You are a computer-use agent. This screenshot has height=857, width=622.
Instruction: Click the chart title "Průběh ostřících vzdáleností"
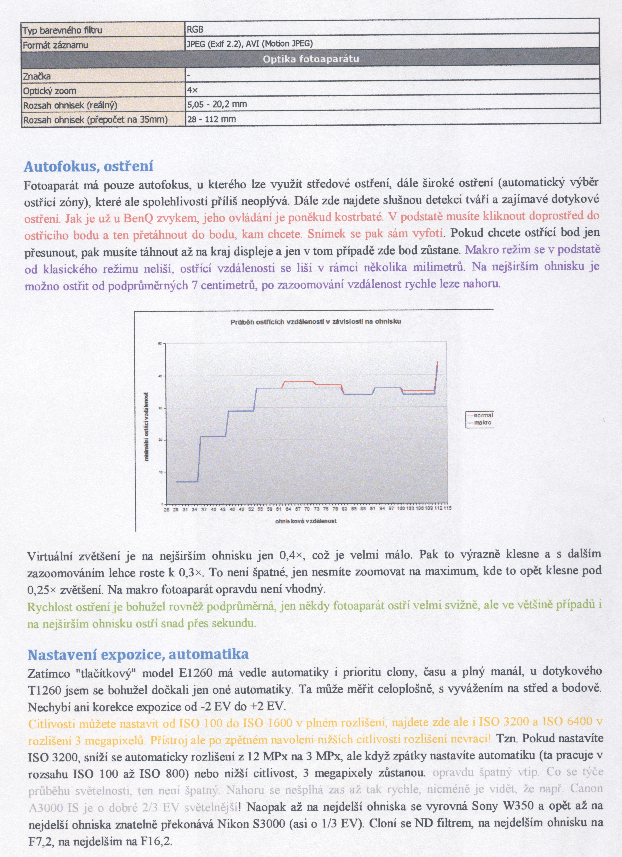[316, 322]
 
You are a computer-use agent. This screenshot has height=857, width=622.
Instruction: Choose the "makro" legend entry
[483, 422]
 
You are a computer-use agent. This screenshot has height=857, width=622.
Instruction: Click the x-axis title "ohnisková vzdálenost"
[306, 521]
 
